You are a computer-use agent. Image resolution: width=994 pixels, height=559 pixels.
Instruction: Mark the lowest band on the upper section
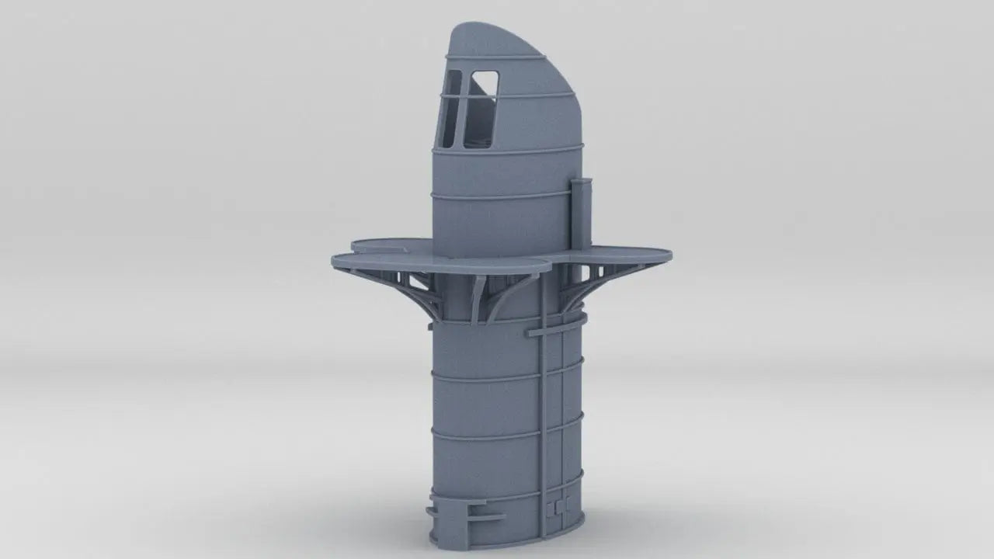click(x=505, y=196)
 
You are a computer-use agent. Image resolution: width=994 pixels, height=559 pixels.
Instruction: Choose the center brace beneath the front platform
click(x=477, y=299)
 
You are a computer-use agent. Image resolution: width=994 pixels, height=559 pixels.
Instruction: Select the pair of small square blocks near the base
click(x=554, y=507)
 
